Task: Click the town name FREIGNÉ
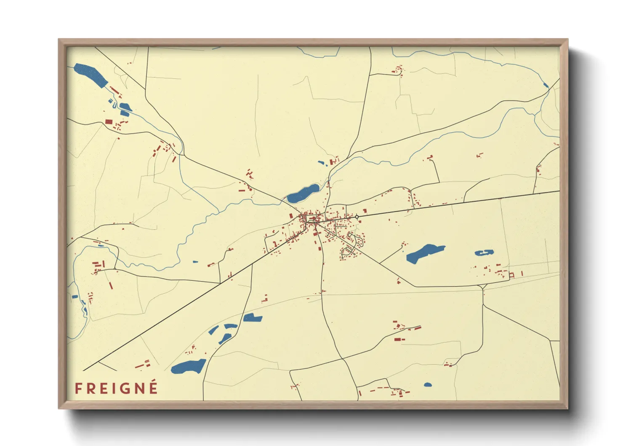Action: pyautogui.click(x=116, y=388)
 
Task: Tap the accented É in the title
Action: pyautogui.click(x=153, y=387)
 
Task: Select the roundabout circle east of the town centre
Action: pyautogui.click(x=357, y=217)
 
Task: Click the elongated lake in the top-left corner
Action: pyautogui.click(x=91, y=75)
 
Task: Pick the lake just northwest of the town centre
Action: pyautogui.click(x=303, y=193)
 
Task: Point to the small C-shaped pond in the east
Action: pyautogui.click(x=484, y=253)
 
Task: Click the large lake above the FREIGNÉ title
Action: pyautogui.click(x=189, y=366)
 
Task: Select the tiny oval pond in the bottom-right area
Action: pyautogui.click(x=428, y=384)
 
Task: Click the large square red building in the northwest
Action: pyautogui.click(x=109, y=121)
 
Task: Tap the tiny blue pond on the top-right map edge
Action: pyautogui.click(x=546, y=85)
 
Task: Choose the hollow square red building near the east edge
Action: pyautogui.click(x=512, y=275)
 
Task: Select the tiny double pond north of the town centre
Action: pyautogui.click(x=322, y=163)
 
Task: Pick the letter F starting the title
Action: pyautogui.click(x=78, y=388)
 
